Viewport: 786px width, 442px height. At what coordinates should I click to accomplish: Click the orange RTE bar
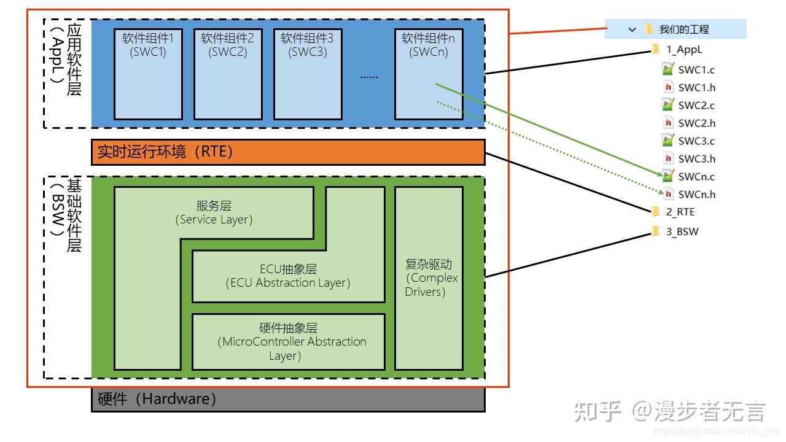point(288,152)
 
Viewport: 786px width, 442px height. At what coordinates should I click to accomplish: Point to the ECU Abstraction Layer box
point(288,276)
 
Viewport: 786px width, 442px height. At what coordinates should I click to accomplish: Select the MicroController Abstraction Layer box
point(288,342)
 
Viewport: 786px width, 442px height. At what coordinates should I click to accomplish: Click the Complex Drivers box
point(429,278)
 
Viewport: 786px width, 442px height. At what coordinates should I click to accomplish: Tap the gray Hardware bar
point(288,400)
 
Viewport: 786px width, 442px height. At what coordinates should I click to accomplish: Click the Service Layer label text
point(214,213)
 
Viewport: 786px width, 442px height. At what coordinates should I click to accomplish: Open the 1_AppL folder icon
point(656,50)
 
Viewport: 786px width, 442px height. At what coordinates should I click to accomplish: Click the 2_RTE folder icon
point(656,212)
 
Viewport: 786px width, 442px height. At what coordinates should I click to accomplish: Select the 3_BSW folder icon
point(656,232)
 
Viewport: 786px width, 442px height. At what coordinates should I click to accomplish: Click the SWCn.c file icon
point(668,177)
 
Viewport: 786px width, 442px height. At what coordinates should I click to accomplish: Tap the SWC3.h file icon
point(668,159)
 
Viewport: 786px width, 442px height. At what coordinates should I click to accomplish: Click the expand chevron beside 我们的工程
point(632,29)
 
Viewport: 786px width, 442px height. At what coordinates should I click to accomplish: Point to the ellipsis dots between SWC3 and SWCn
point(369,77)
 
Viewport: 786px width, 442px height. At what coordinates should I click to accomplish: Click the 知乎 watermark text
point(598,411)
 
